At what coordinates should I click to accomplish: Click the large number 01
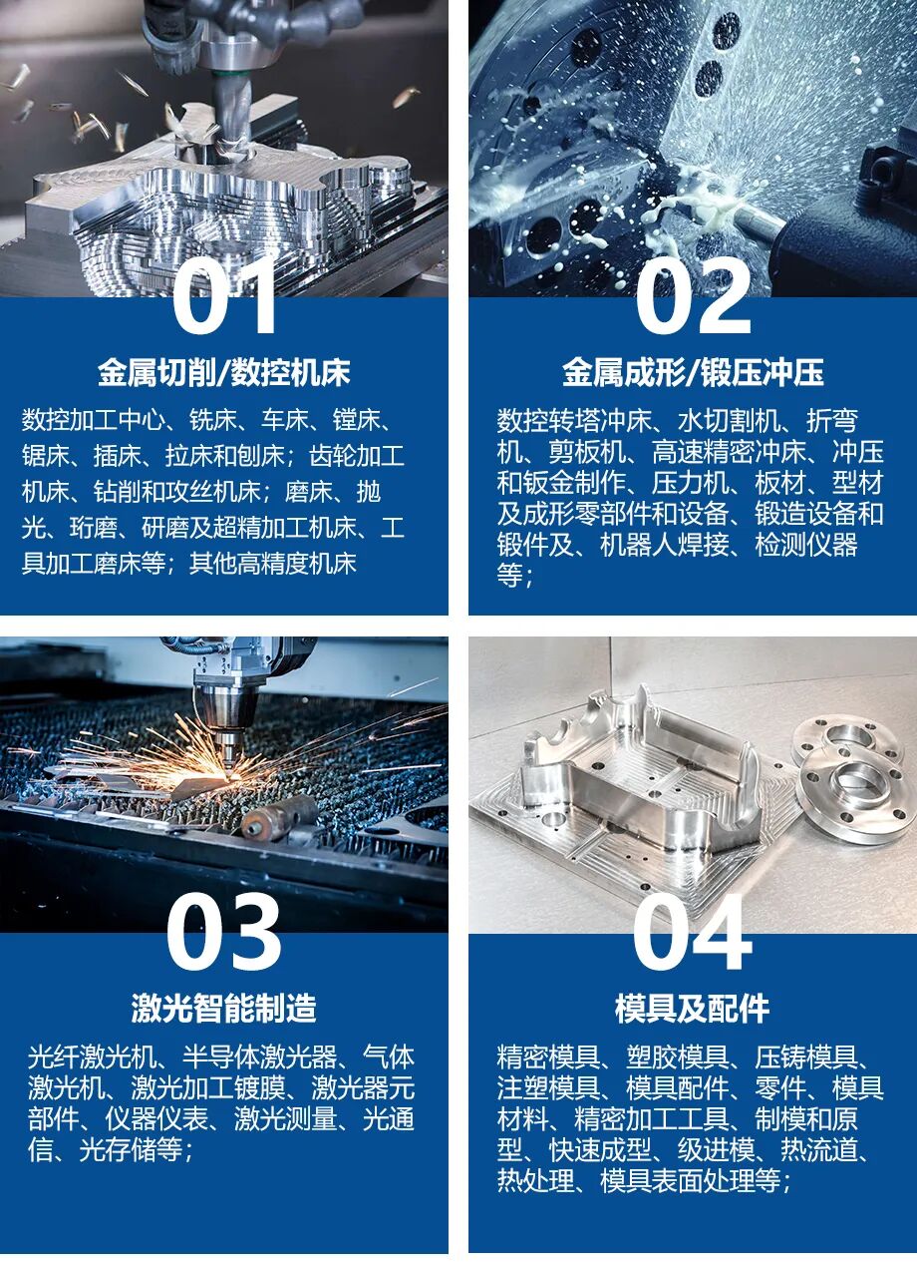pyautogui.click(x=224, y=297)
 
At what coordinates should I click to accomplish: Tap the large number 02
pyautogui.click(x=694, y=297)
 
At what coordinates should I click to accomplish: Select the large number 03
pyautogui.click(x=223, y=933)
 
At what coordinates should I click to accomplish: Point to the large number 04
pyautogui.click(x=693, y=933)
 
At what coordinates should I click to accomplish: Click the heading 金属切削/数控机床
pyautogui.click(x=224, y=372)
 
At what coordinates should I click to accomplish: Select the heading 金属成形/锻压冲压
pyautogui.click(x=693, y=372)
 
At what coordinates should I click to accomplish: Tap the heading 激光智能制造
pyautogui.click(x=223, y=1008)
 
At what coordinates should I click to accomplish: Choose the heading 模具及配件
pyautogui.click(x=693, y=1008)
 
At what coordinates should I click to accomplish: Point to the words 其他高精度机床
pyautogui.click(x=273, y=563)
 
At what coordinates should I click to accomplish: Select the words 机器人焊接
pyautogui.click(x=664, y=545)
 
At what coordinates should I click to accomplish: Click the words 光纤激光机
pyautogui.click(x=92, y=1057)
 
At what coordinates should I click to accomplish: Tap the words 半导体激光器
pyautogui.click(x=259, y=1057)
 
